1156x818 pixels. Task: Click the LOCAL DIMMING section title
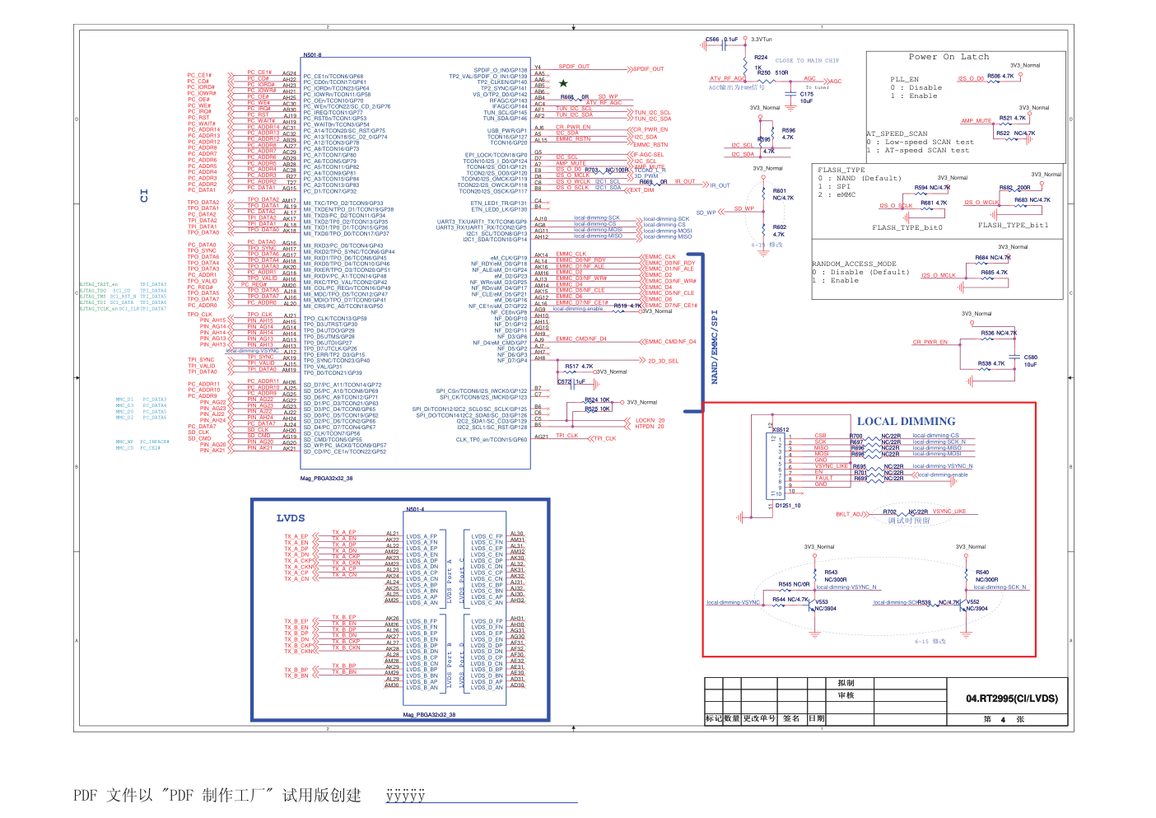tap(906, 421)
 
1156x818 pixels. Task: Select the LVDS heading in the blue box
tap(291, 518)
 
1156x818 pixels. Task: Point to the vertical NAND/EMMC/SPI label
tap(714, 347)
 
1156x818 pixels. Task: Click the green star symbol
tap(563, 83)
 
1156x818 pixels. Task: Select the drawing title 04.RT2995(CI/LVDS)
tap(1012, 699)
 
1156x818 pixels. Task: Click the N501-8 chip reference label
tap(312, 55)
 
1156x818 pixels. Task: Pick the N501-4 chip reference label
tap(415, 509)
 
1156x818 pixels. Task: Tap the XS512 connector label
tap(780, 429)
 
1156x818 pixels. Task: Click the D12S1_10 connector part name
tap(787, 506)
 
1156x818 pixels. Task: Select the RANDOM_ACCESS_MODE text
tap(854, 264)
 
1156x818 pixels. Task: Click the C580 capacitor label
tap(1030, 358)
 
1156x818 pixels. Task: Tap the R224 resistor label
tap(761, 58)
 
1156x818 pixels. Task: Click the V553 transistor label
tap(821, 601)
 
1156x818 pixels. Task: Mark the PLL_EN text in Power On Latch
tap(904, 80)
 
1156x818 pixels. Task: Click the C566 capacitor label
tap(712, 40)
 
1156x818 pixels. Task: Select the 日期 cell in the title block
tap(816, 718)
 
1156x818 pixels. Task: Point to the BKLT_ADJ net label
tap(848, 514)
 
